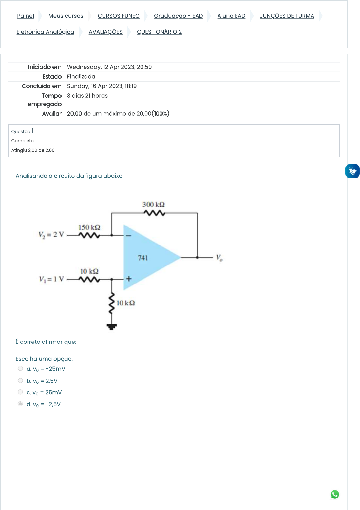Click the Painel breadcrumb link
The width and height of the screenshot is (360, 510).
[x=26, y=16]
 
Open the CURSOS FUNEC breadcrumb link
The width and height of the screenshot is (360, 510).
[x=118, y=16]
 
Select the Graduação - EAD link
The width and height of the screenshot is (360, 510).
[x=178, y=16]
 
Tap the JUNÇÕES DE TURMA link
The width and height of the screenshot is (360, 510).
[x=287, y=16]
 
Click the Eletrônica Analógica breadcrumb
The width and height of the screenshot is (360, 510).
[x=45, y=32]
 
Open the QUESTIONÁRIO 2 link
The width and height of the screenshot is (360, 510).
[x=159, y=32]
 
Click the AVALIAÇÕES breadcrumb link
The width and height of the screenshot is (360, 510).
[x=105, y=32]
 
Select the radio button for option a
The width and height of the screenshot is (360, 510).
[x=20, y=368]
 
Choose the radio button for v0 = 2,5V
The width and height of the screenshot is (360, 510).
[x=20, y=380]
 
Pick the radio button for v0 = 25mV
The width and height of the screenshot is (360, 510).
[x=20, y=392]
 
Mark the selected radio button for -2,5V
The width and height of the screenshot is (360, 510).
[x=20, y=404]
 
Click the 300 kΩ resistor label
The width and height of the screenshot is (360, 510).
[x=153, y=205]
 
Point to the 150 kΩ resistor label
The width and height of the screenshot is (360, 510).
[x=89, y=227]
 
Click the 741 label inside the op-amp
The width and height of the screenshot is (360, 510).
[x=143, y=258]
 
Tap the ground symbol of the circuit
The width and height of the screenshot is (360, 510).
[x=112, y=326]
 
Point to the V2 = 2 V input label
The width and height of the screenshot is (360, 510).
[x=51, y=235]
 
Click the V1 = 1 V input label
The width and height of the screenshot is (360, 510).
[x=51, y=279]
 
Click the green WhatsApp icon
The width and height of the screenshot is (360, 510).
[x=335, y=494]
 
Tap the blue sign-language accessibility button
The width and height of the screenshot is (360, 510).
[x=352, y=171]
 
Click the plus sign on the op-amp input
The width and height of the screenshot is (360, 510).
[x=129, y=279]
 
